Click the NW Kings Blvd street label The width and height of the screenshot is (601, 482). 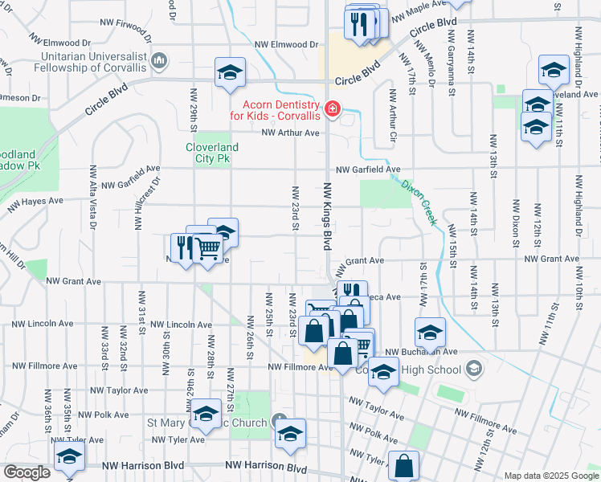click(x=328, y=217)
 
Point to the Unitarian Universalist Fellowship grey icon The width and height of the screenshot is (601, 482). click(x=159, y=60)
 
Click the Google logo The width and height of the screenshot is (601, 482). click(x=27, y=472)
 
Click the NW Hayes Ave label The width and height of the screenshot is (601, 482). click(x=35, y=206)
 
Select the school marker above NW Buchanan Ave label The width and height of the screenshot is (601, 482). click(x=430, y=333)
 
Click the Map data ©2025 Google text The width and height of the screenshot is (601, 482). click(x=550, y=476)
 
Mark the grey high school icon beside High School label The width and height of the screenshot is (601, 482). click(x=474, y=370)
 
